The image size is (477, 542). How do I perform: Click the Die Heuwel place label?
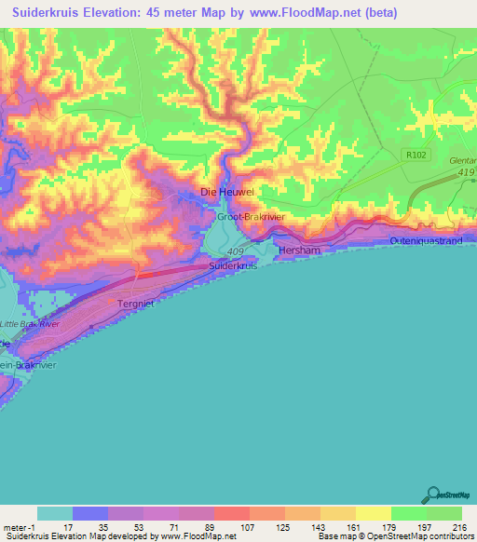coord(227,192)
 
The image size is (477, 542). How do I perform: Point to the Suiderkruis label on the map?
coord(232,266)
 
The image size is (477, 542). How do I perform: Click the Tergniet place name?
coord(138,304)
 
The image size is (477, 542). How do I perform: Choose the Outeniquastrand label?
coord(425,241)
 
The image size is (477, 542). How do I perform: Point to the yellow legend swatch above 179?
coord(373,513)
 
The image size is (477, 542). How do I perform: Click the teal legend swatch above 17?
coord(55,513)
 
